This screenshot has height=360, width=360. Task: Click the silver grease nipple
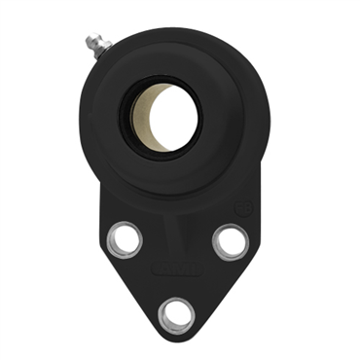(x=92, y=45)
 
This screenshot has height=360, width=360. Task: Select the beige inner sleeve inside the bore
(x=154, y=116)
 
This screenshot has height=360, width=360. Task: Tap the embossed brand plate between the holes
(x=176, y=269)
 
